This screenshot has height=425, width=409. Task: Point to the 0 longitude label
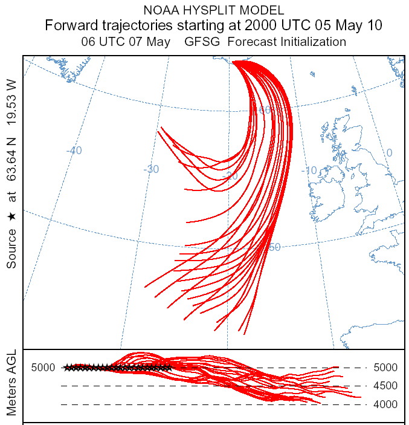389,153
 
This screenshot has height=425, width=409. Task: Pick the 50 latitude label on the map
275,247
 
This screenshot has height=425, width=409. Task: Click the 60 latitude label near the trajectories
265,110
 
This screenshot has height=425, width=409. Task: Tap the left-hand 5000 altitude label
43,368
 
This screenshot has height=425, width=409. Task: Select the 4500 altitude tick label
385,386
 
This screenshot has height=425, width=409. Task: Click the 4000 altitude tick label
385,404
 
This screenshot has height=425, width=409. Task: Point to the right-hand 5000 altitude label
385,368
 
